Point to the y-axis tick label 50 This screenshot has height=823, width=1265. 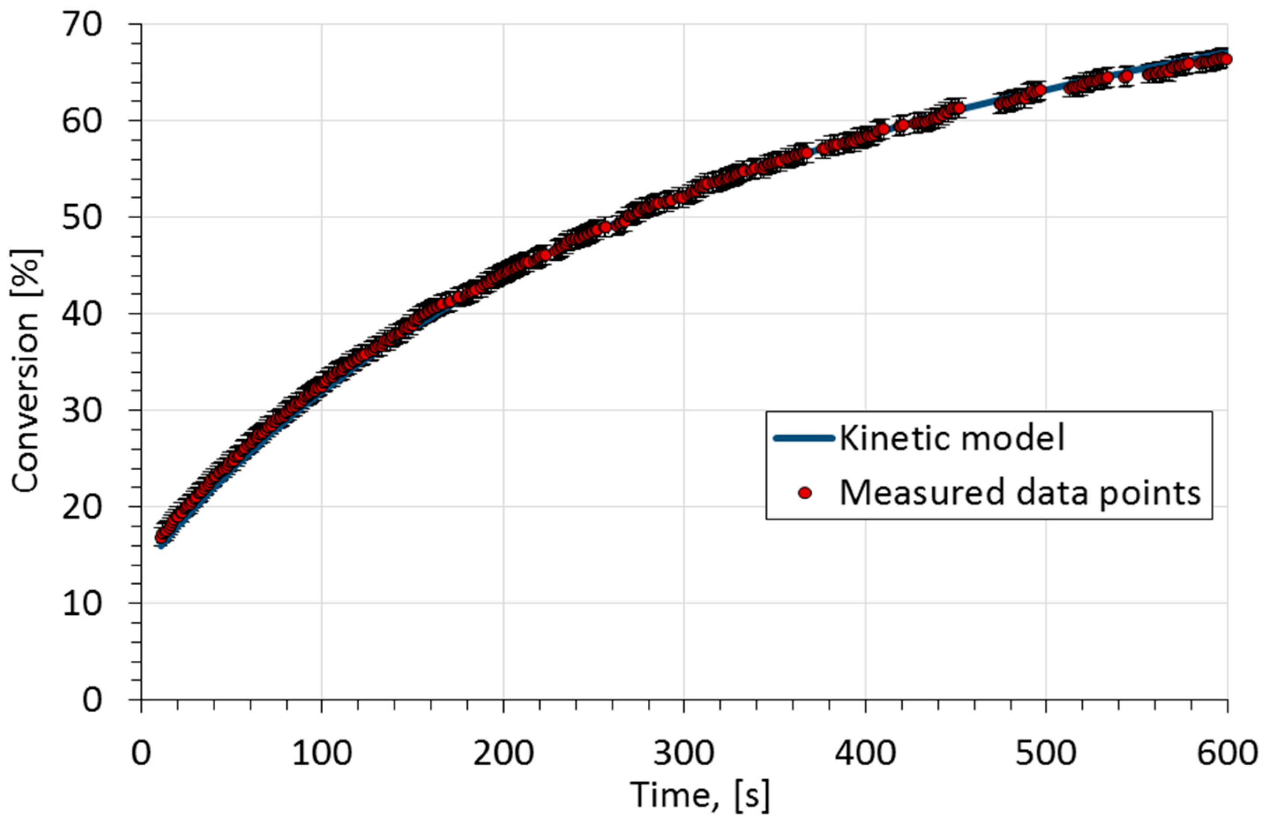tap(82, 218)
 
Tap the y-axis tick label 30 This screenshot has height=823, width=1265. tap(82, 411)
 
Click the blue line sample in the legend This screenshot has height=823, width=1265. tap(804, 438)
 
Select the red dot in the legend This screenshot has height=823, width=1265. tap(805, 493)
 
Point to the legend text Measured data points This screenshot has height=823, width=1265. tap(1019, 493)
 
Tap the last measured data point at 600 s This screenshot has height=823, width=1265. tap(1222, 59)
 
